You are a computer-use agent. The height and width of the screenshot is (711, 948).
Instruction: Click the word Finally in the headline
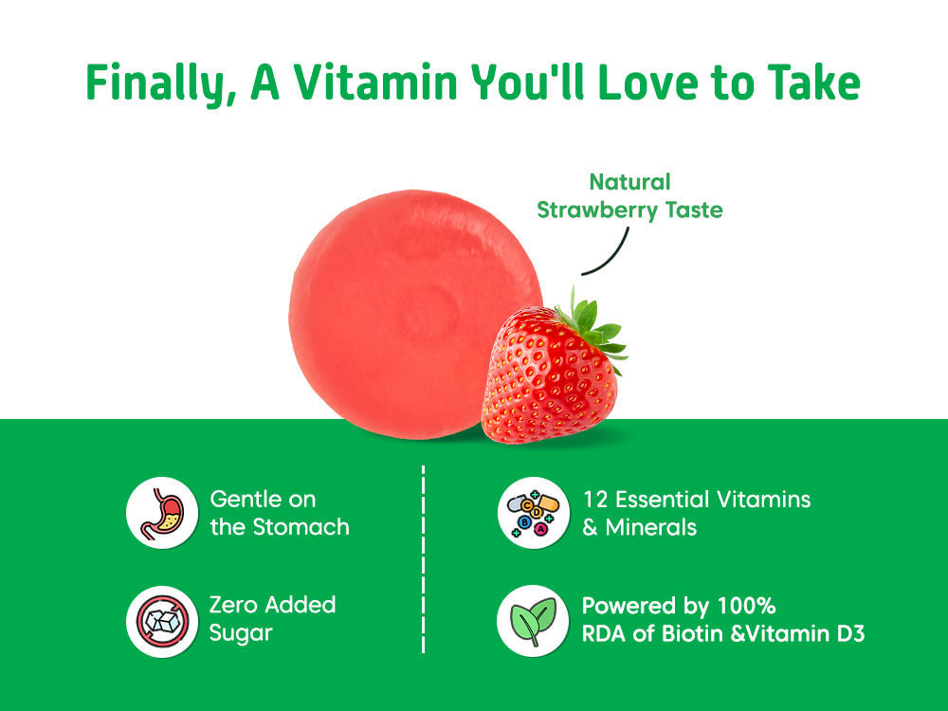(x=160, y=84)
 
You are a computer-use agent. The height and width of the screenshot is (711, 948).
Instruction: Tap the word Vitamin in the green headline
(x=375, y=82)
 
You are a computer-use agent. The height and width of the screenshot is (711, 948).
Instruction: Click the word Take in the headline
(x=813, y=82)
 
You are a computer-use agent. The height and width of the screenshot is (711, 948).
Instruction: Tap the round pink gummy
(x=416, y=313)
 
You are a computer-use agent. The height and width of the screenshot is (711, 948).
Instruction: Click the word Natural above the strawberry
(x=630, y=182)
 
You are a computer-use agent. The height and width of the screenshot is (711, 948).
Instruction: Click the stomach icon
(x=162, y=513)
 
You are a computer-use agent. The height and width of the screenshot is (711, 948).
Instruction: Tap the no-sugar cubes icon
(x=162, y=621)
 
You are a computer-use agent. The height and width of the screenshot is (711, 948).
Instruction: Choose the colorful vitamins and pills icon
(x=533, y=513)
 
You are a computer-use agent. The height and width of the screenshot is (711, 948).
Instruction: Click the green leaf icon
(x=533, y=621)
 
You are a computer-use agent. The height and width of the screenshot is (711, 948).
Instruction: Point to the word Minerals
(x=651, y=528)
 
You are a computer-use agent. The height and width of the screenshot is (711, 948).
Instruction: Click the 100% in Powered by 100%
(x=746, y=606)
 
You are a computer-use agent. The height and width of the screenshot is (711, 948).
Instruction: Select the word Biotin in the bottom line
(x=693, y=634)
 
